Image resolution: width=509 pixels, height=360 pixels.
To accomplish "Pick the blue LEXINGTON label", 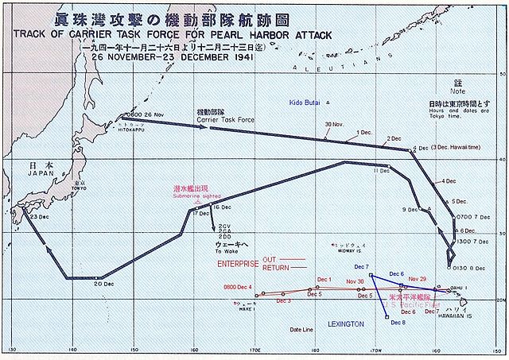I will (x=344, y=325).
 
